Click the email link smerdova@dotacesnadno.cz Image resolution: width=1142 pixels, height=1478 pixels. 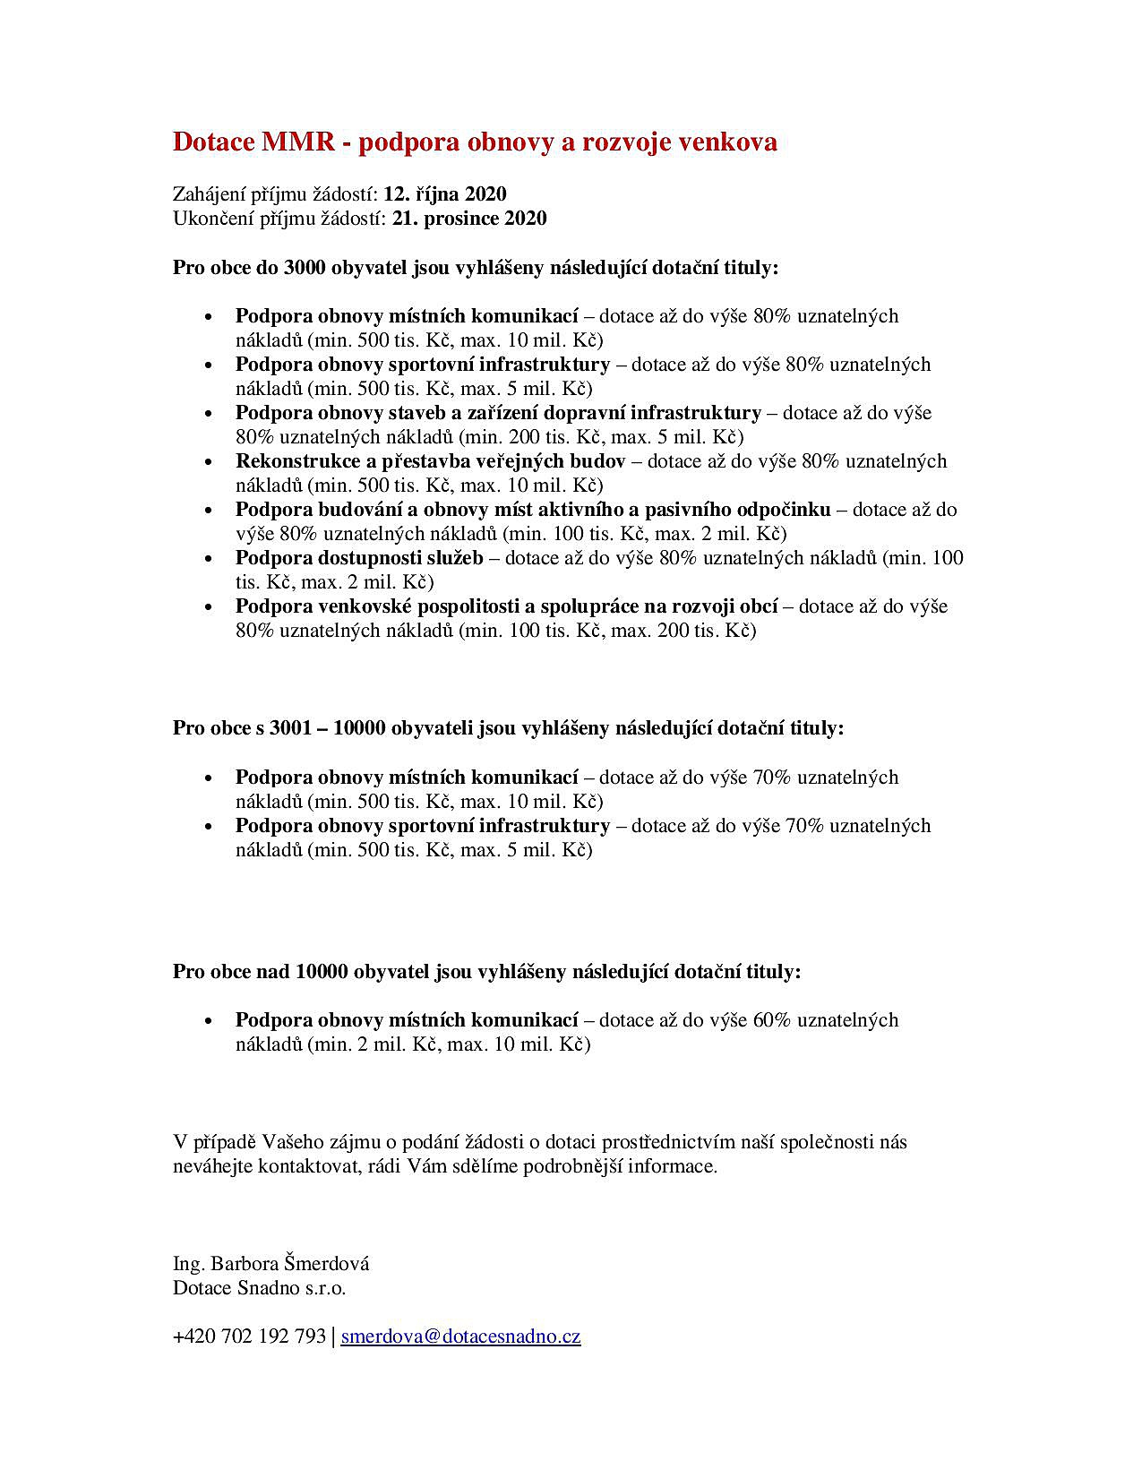tap(460, 1336)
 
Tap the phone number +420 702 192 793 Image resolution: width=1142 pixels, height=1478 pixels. tap(249, 1336)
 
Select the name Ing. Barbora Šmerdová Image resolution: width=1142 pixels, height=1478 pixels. tap(270, 1264)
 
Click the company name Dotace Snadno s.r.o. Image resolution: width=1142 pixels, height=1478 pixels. tap(259, 1288)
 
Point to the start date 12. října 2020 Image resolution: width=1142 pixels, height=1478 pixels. tap(445, 194)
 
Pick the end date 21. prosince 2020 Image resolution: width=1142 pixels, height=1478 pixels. tap(469, 219)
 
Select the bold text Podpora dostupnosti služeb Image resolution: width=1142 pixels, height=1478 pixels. tap(359, 558)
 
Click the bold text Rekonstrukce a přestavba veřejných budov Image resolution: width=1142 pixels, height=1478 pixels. tap(430, 461)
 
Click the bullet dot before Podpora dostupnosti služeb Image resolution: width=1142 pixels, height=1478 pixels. tap(209, 560)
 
